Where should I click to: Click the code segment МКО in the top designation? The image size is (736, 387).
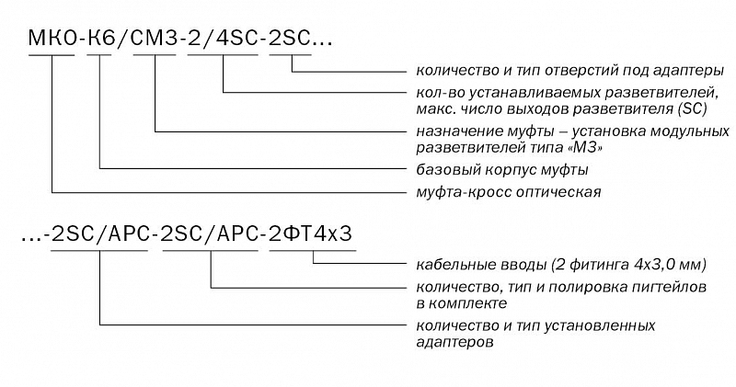click(x=52, y=38)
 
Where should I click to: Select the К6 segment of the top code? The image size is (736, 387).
click(x=99, y=38)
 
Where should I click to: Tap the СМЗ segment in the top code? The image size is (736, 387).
click(x=153, y=38)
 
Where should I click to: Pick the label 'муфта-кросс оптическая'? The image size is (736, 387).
click(x=509, y=192)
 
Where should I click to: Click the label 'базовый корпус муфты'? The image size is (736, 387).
click(x=502, y=170)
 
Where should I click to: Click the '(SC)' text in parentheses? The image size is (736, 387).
click(x=692, y=109)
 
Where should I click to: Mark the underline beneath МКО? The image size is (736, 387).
click(x=52, y=55)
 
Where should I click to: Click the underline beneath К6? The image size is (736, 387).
click(x=99, y=55)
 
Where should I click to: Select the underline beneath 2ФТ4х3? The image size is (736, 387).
click(x=313, y=251)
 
